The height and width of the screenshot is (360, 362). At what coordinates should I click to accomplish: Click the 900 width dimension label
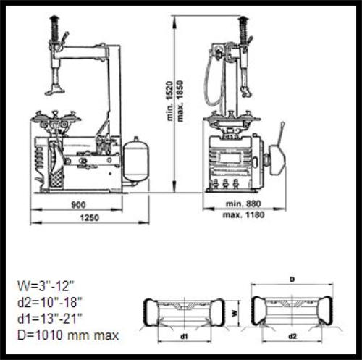[x=78, y=205]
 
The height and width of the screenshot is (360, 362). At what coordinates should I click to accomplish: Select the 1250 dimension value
[x=89, y=218]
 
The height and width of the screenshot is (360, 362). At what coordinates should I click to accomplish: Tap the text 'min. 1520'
[x=170, y=101]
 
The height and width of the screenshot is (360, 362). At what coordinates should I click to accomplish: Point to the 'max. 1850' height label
[x=180, y=101]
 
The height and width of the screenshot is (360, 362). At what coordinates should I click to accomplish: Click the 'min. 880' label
[x=243, y=204]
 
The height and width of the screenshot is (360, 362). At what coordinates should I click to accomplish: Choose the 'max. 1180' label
[x=243, y=214]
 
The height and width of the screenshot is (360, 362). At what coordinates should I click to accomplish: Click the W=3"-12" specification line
[x=46, y=286]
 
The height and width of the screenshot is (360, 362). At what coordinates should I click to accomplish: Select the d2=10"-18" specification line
[x=50, y=302]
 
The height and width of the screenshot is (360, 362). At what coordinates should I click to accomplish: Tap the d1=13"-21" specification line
[x=50, y=319]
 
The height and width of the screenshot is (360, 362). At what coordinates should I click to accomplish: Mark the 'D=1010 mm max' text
[x=68, y=335]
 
